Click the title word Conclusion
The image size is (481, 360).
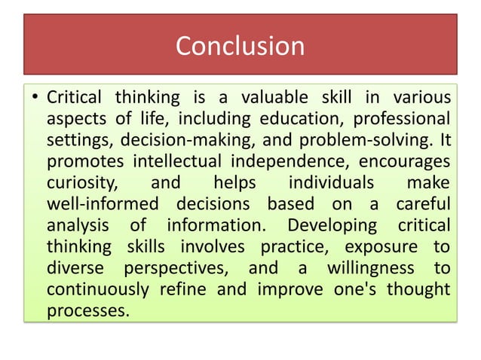pos(240,46)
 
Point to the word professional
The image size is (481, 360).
pos(403,119)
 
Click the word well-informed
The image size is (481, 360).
pos(103,204)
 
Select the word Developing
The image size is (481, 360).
pos(330,225)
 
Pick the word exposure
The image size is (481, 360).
pos(381,246)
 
